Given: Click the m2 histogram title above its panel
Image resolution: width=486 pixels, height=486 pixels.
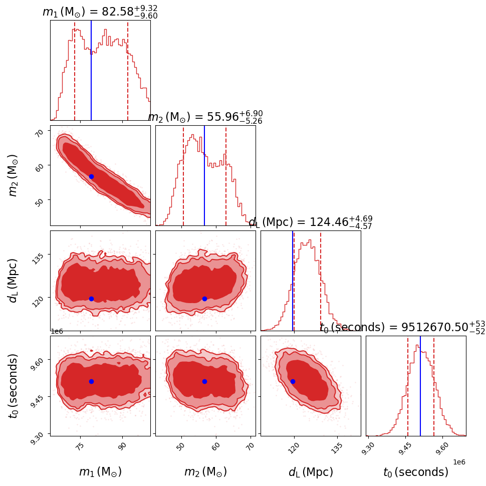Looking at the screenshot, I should (x=205, y=117).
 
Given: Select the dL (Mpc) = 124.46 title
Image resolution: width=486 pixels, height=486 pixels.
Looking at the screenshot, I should (x=311, y=222).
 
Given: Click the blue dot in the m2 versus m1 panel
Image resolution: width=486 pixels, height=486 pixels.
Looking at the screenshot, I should (x=91, y=176).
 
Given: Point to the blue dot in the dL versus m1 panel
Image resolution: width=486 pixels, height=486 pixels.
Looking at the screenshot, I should (x=91, y=299).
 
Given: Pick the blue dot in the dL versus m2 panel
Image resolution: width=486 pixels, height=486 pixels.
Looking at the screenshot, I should (x=204, y=299).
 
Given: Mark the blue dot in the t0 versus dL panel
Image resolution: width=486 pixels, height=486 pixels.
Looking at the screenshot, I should (x=293, y=381).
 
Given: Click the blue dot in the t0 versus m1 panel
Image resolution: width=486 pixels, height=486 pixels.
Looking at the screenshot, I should (x=91, y=381).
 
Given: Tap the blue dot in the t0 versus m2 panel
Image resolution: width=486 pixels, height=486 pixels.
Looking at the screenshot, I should (x=204, y=381).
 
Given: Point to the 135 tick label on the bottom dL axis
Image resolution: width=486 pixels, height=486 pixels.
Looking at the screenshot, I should (x=338, y=447).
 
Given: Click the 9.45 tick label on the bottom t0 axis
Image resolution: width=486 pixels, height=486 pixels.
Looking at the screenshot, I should (x=405, y=447).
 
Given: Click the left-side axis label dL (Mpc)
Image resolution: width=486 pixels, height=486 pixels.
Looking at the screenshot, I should (x=14, y=281).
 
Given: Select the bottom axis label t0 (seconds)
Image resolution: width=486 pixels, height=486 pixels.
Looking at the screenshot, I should (x=415, y=472).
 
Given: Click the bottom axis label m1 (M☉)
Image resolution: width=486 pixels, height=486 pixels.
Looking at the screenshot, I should (x=100, y=472).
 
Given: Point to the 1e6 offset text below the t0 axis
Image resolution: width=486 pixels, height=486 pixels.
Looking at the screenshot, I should (x=459, y=462).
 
